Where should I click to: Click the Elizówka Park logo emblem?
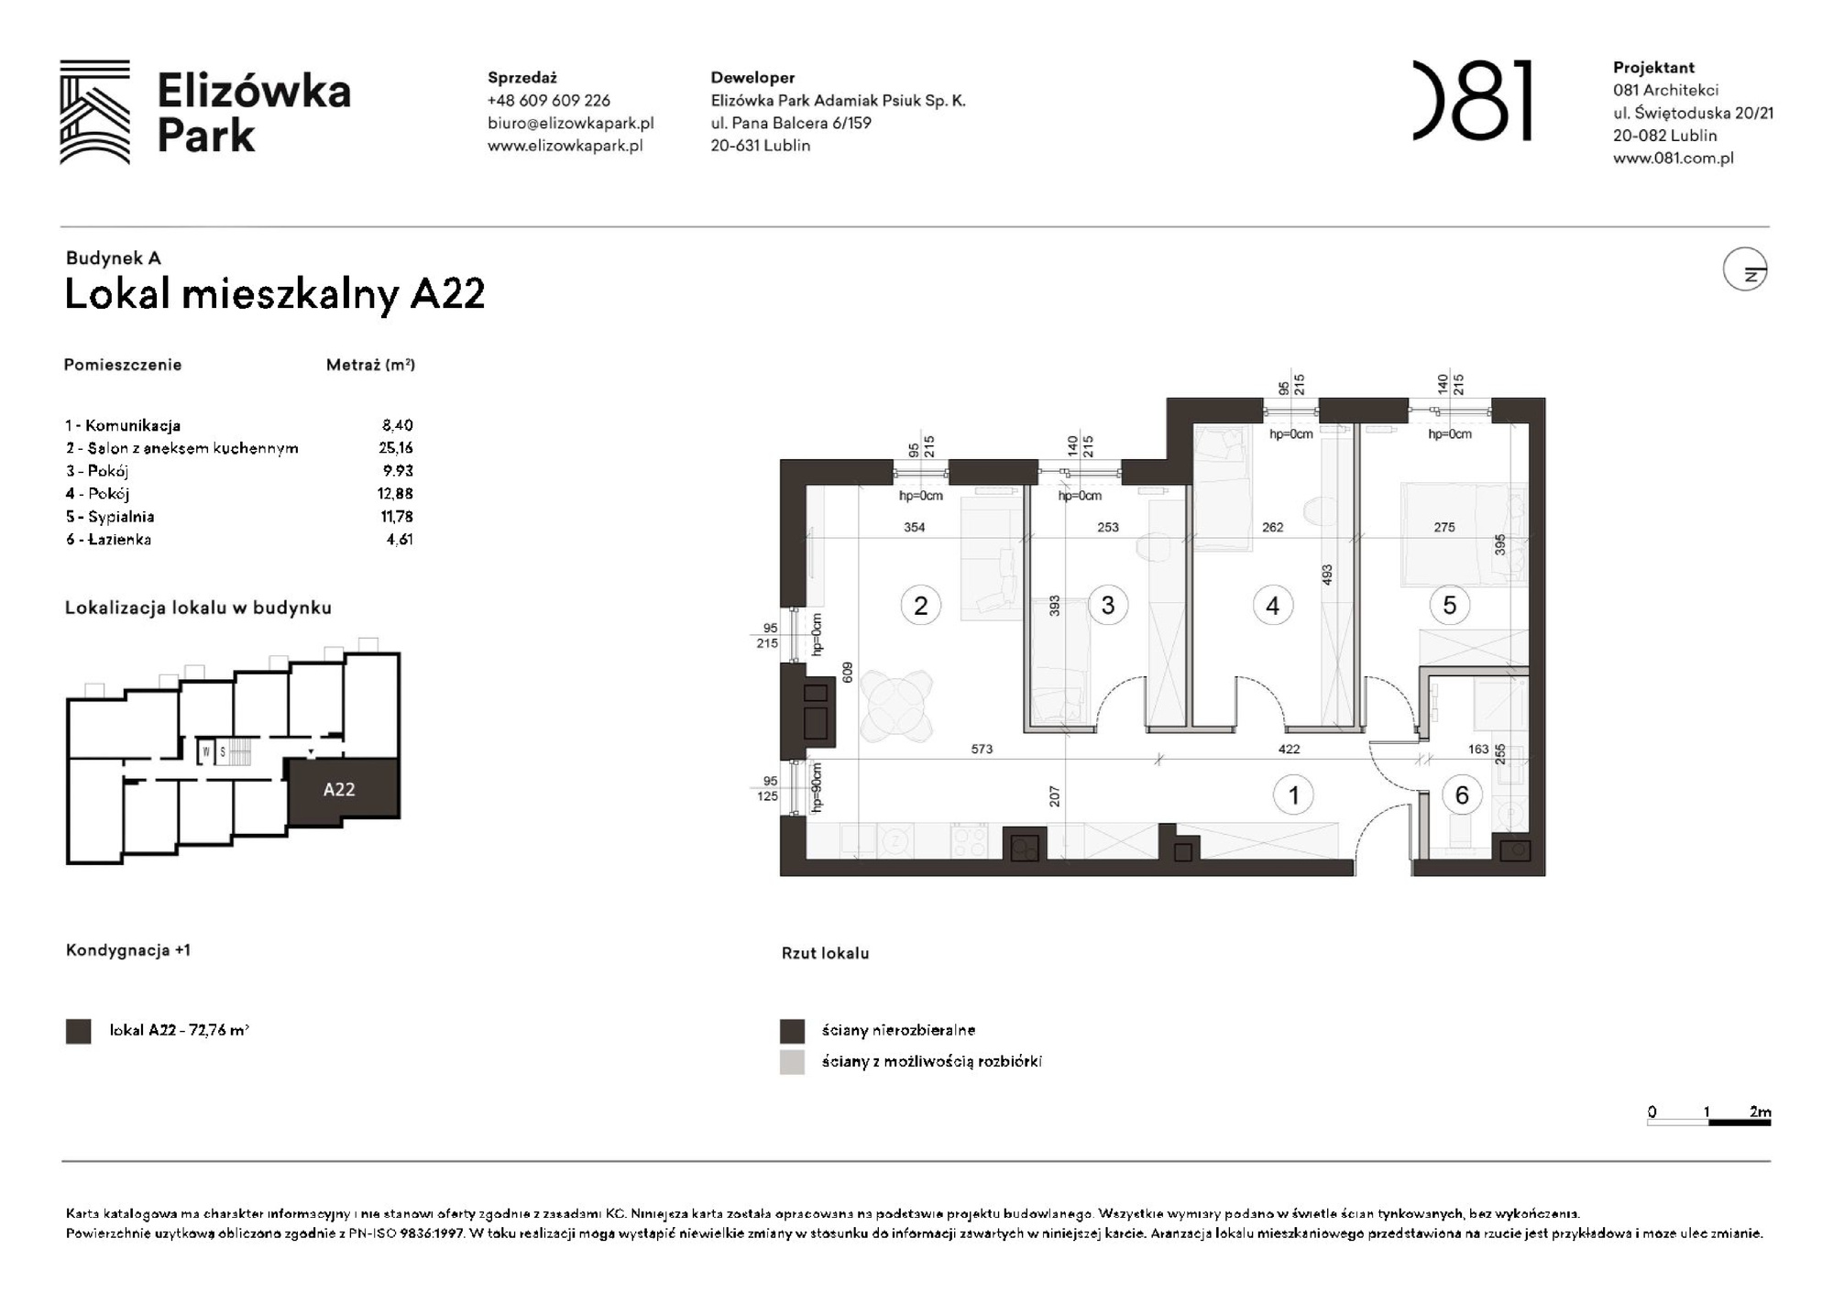point(94,112)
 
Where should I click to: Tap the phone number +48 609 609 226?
point(548,101)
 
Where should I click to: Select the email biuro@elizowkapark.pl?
point(570,123)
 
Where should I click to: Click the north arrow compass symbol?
point(1744,270)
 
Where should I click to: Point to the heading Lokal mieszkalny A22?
point(274,294)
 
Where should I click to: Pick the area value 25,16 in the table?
point(397,448)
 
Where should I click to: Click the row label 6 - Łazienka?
point(108,540)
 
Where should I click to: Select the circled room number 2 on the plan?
point(920,606)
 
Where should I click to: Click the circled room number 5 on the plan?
point(1449,605)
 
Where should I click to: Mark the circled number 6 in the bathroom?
point(1462,794)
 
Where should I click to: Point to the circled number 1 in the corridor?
point(1293,794)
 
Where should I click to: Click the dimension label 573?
point(982,749)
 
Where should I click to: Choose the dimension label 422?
point(1289,749)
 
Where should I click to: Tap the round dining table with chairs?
point(896,706)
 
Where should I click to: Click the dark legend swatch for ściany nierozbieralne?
point(792,1031)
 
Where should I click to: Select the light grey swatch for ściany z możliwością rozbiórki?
point(792,1062)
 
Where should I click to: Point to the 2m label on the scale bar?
point(1760,1112)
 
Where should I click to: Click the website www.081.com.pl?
point(1673,158)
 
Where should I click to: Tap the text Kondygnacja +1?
point(128,950)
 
